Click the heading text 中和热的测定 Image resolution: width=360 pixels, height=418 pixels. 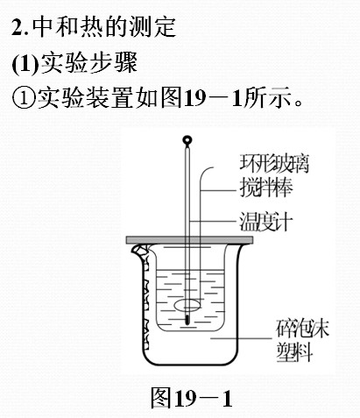pos(104,27)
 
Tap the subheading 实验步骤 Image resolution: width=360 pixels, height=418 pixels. pos(88,62)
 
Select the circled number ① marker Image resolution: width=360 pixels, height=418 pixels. pos(23,98)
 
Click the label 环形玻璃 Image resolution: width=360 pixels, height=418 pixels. pos(274,163)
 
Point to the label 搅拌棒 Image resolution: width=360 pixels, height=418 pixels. pos(266,188)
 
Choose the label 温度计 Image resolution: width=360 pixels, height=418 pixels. pos(265,222)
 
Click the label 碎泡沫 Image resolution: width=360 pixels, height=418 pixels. pos(302,329)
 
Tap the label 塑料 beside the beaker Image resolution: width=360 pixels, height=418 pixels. pos(294,352)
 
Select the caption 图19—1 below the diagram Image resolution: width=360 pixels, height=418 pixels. pos(192,398)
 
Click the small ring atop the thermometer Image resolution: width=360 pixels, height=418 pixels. pos(187,141)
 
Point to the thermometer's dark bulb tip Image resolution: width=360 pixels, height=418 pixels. pos(187,320)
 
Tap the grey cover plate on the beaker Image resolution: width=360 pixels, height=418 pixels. pos(190,240)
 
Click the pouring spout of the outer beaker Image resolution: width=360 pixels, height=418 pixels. pos(138,250)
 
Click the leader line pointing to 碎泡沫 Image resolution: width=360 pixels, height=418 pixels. pos(242,338)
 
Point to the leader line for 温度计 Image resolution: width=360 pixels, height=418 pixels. pos(212,221)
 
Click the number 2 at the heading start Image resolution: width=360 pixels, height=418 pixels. pos(18,28)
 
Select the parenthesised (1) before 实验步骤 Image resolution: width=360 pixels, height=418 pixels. pos(25,63)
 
